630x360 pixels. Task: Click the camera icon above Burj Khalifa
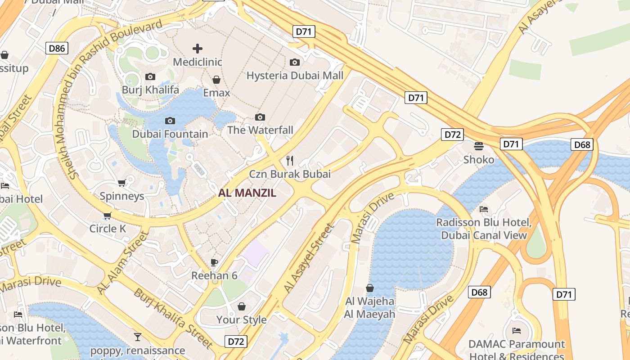[x=150, y=76]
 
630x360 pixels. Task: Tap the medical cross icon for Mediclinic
[x=197, y=48]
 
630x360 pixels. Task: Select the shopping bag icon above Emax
[x=216, y=80]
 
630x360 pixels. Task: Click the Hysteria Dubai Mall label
[x=295, y=75]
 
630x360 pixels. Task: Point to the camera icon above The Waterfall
[x=260, y=117]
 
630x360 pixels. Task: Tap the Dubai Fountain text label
[x=170, y=134]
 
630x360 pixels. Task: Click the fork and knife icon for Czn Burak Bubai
[x=290, y=160]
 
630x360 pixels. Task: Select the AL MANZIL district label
[x=247, y=193]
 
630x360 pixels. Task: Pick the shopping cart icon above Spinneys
[x=121, y=183]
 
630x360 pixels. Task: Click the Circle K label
[x=108, y=229]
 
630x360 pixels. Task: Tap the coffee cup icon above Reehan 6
[x=214, y=262]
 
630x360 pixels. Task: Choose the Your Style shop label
[x=242, y=320]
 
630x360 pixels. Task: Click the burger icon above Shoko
[x=478, y=146]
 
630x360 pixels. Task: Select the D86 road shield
[x=57, y=48]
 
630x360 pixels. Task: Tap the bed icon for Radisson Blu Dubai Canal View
[x=484, y=209]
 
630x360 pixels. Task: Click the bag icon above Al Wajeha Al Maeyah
[x=370, y=288]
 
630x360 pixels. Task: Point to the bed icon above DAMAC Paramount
[x=517, y=331]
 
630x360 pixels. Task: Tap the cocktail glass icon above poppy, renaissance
[x=138, y=337]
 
